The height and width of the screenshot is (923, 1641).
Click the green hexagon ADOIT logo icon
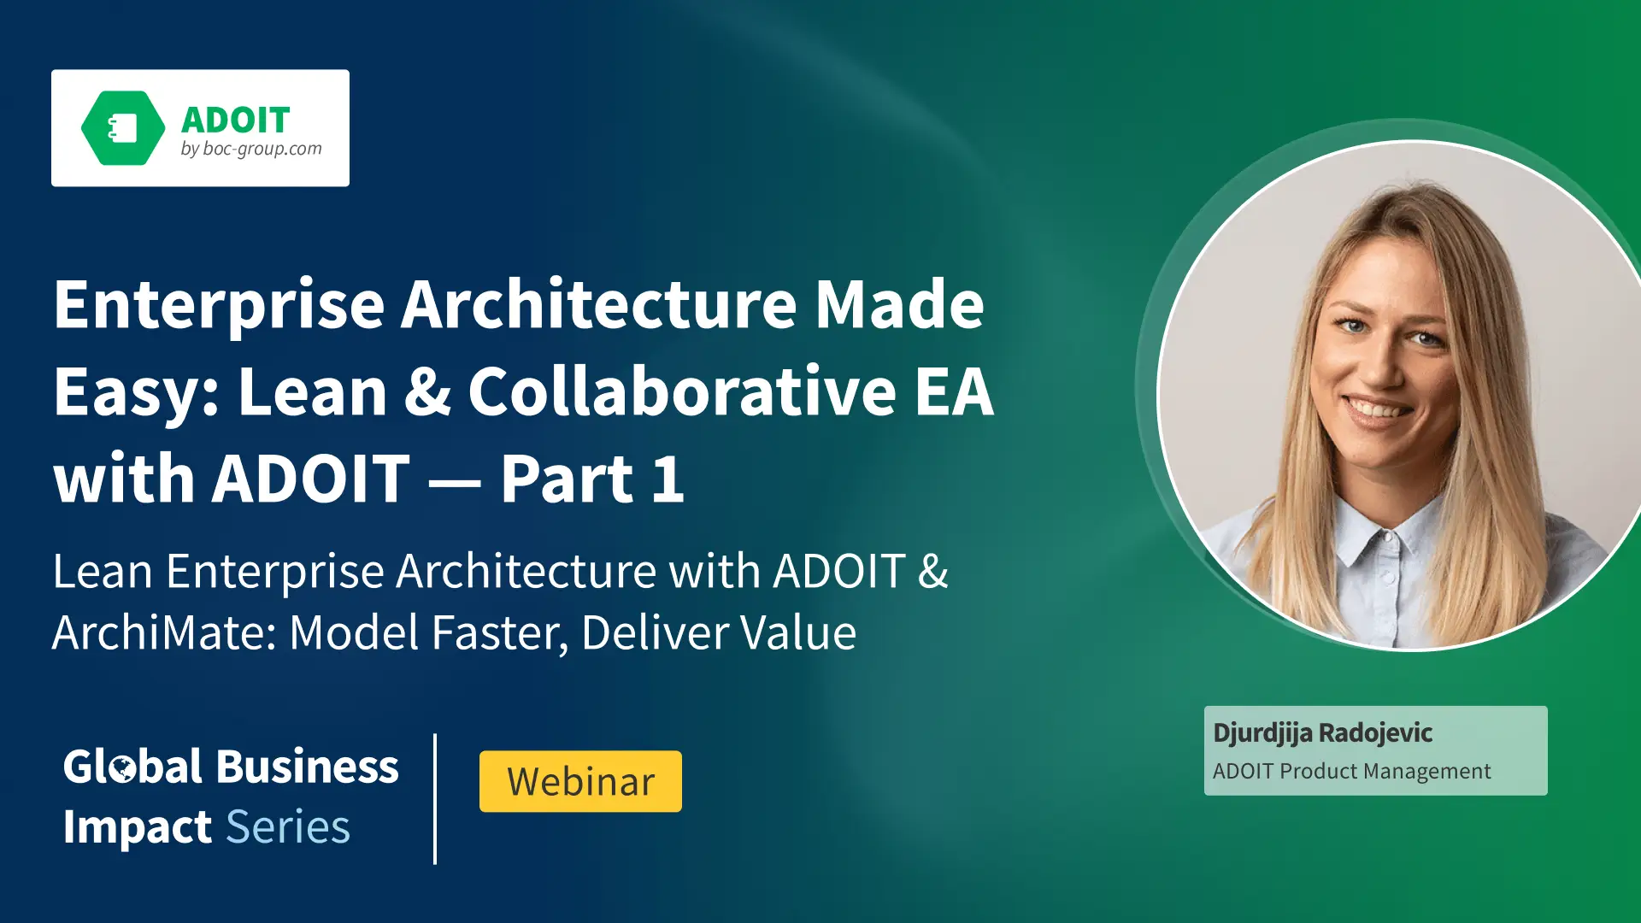click(123, 128)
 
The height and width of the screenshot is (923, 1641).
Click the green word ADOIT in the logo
click(236, 121)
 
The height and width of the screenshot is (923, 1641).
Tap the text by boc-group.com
click(251, 149)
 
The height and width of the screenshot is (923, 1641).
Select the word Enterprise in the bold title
click(220, 306)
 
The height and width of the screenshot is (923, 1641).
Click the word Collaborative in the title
click(682, 391)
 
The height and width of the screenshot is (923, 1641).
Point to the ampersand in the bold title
click(427, 391)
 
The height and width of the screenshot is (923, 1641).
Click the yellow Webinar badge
click(580, 781)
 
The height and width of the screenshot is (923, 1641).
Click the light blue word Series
click(288, 827)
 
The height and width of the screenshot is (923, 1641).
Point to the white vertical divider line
click(435, 798)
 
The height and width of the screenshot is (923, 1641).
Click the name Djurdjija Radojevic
click(1322, 733)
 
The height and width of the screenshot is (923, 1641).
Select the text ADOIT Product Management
click(1351, 771)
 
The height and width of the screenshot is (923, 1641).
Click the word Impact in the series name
click(137, 828)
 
